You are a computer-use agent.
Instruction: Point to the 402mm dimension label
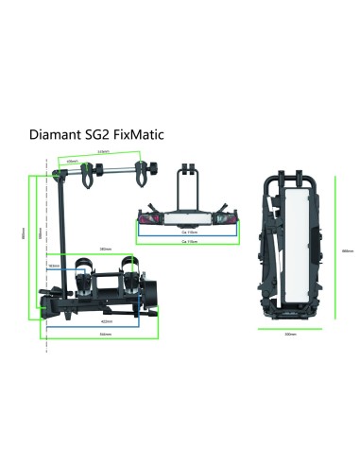[x=107, y=322]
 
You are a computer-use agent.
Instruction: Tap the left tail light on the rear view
[x=148, y=215]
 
